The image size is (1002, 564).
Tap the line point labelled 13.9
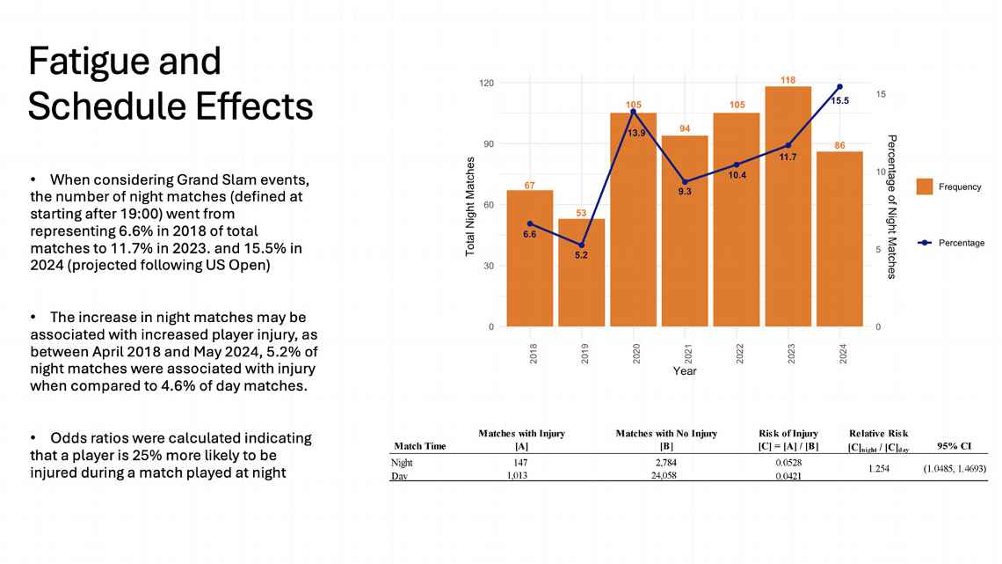point(633,112)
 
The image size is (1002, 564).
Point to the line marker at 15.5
point(839,86)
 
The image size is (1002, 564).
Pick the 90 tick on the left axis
point(486,143)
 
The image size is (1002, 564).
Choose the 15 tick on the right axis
point(881,94)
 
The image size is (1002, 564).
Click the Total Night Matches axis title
point(470,207)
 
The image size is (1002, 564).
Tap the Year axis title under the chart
point(685,371)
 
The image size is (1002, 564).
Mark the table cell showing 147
point(521,462)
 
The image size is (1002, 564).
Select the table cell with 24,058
point(665,476)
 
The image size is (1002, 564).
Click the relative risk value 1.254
point(880,469)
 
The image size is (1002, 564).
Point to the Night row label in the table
point(402,462)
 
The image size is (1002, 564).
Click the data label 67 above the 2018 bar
point(529,185)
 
